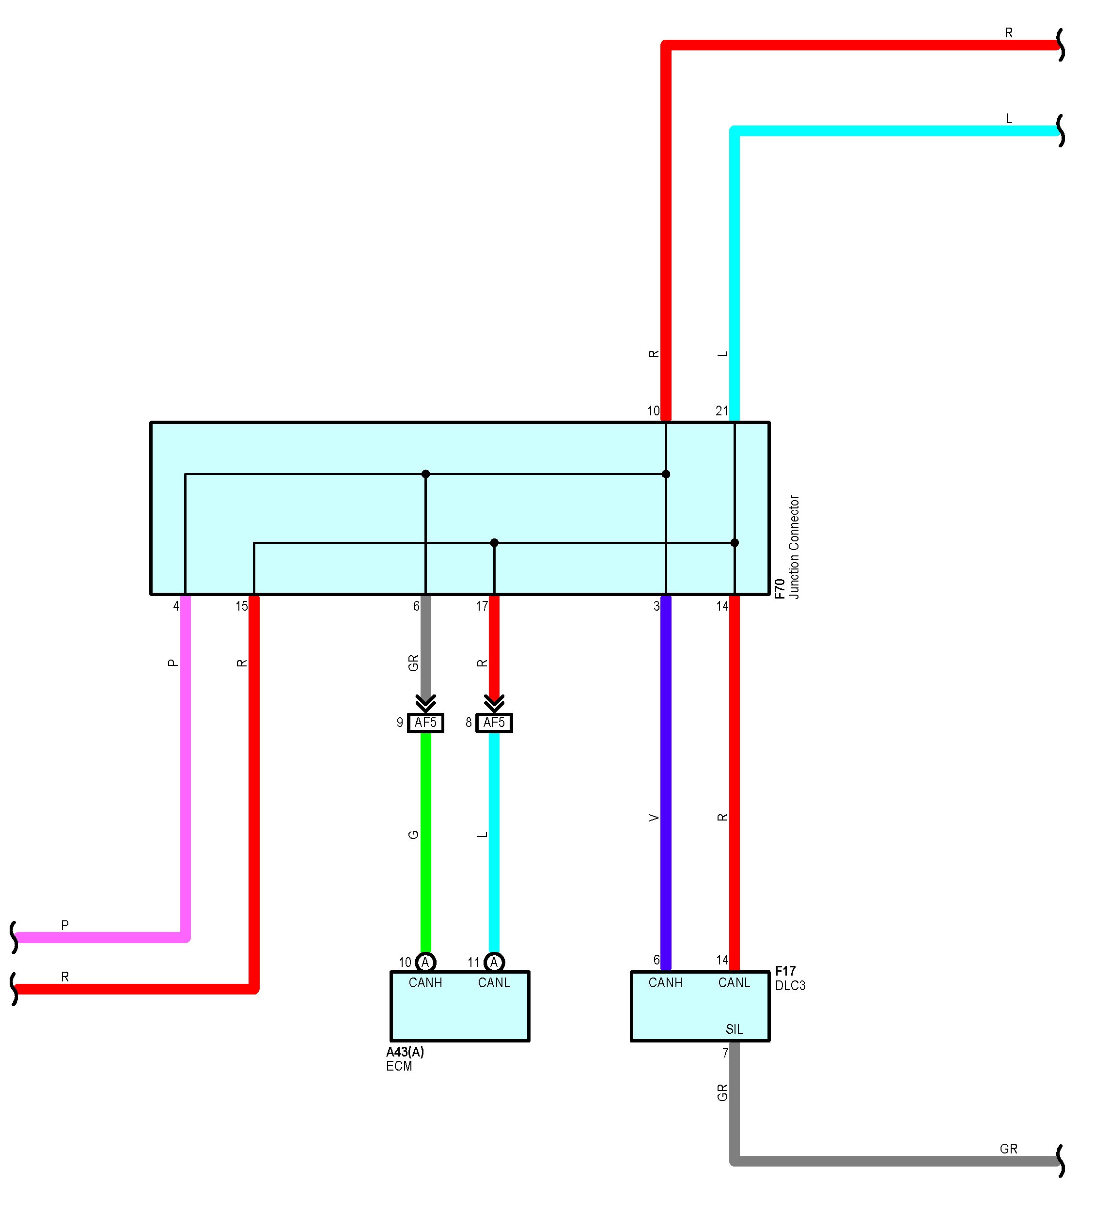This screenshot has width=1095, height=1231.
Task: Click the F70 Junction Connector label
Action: click(x=787, y=547)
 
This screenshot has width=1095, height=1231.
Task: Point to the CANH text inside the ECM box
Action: click(x=425, y=983)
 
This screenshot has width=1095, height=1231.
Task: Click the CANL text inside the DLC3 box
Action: click(x=734, y=983)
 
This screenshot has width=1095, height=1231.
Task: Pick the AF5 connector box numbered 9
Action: click(x=425, y=723)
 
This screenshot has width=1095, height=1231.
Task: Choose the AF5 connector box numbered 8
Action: click(x=494, y=723)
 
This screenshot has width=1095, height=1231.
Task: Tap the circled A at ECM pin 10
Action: click(x=425, y=963)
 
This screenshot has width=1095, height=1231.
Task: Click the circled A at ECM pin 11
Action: click(x=494, y=963)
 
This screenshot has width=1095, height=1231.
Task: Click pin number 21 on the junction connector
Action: click(x=722, y=410)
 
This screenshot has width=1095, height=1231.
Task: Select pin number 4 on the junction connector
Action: click(x=176, y=606)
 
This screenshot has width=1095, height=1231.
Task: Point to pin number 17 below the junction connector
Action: click(x=482, y=606)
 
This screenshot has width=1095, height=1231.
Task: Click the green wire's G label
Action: click(x=413, y=835)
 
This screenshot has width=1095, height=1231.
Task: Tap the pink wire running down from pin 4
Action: click(x=186, y=783)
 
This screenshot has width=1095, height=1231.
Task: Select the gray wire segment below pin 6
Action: click(x=425, y=645)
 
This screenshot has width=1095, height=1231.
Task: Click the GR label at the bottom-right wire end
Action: click(x=1008, y=1149)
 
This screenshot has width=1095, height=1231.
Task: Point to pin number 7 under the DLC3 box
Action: click(x=725, y=1053)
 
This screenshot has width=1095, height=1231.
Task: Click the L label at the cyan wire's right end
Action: click(x=1009, y=119)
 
